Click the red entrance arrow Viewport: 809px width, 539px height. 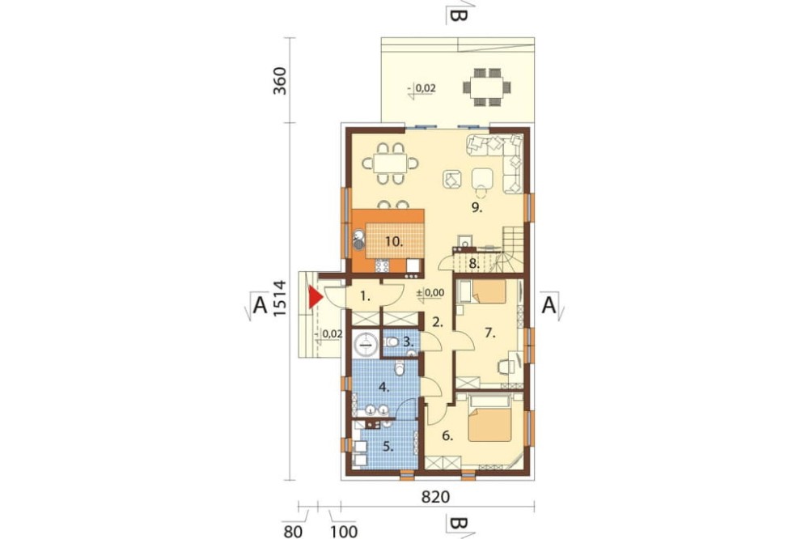[x=314, y=297]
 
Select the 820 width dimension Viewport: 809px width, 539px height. [x=436, y=497]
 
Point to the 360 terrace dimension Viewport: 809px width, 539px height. [x=279, y=81]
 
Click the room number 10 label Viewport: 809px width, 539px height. [x=394, y=240]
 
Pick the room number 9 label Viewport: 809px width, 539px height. [x=477, y=207]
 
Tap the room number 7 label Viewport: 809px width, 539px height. [x=489, y=333]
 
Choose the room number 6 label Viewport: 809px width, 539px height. [x=447, y=435]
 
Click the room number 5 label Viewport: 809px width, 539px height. [x=388, y=447]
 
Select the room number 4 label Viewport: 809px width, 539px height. [x=383, y=386]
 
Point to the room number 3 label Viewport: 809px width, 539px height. [x=408, y=342]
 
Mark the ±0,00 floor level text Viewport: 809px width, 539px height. [x=430, y=293]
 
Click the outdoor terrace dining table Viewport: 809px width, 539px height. [x=488, y=87]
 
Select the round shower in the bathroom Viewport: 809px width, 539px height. [x=366, y=343]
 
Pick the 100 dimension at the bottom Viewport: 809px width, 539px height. [x=344, y=531]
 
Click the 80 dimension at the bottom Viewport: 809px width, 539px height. [x=294, y=531]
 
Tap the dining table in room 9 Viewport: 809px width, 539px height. [x=390, y=163]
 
